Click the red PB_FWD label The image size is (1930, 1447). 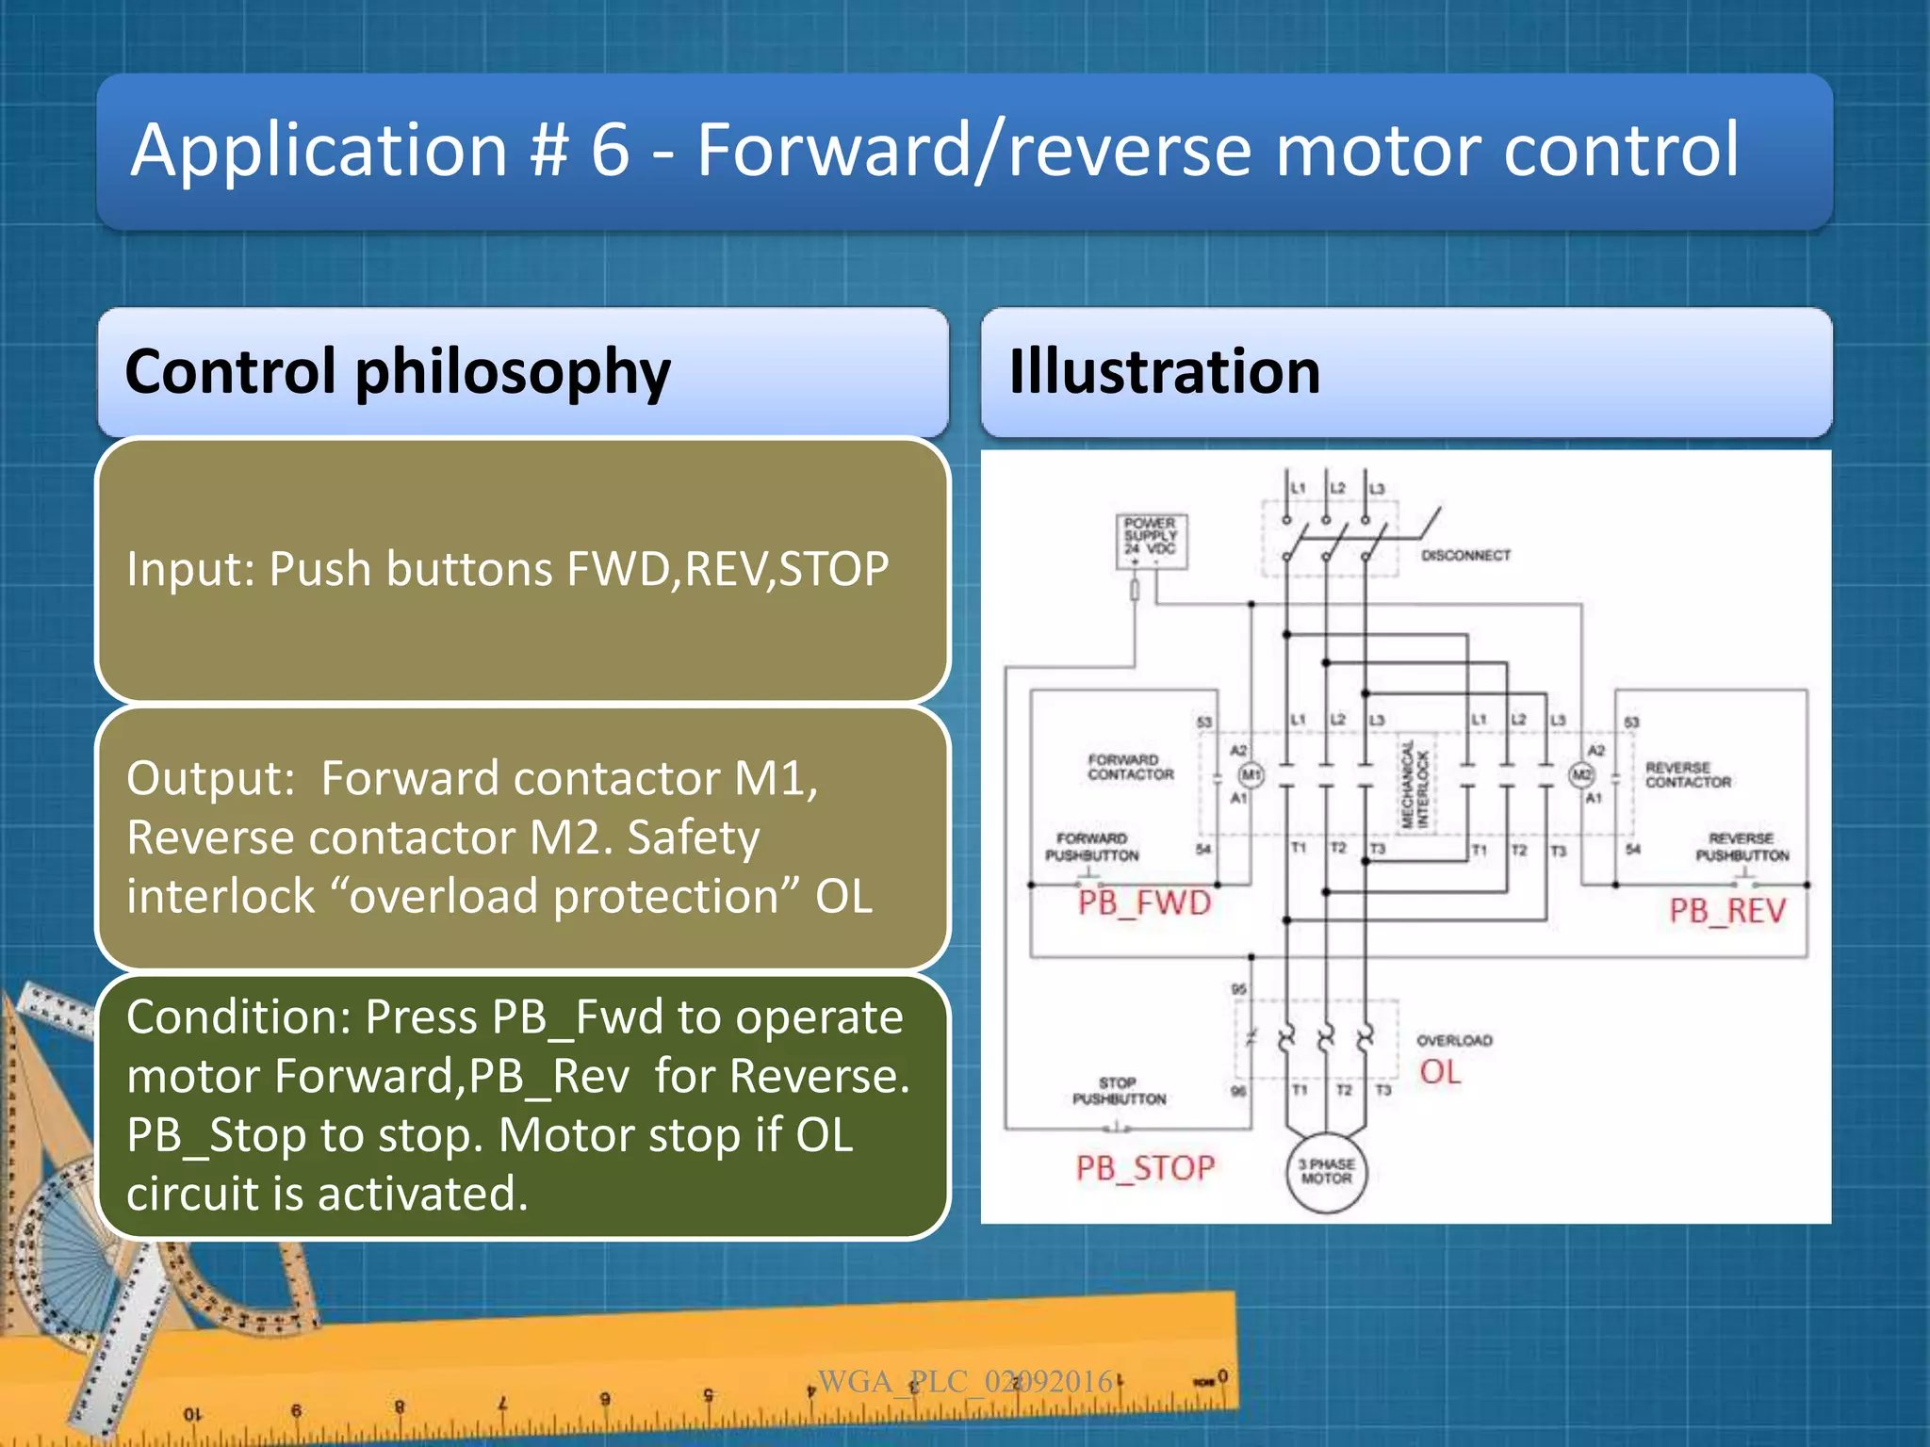point(1144,903)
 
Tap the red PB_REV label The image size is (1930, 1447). point(1727,911)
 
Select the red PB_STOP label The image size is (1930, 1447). point(1145,1168)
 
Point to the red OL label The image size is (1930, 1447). point(1440,1072)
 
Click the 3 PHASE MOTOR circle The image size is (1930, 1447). point(1326,1172)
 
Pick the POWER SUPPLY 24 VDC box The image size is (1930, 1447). point(1151,541)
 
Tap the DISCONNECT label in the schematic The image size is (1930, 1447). point(1465,556)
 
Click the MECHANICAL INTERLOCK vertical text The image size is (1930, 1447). point(1416,785)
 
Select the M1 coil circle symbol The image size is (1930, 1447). point(1251,774)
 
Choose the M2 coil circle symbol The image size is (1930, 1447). point(1580,774)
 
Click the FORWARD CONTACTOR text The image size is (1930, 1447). point(1130,767)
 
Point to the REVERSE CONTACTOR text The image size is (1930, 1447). point(1688,774)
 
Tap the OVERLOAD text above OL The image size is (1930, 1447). point(1454,1041)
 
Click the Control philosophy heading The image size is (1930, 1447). point(398,371)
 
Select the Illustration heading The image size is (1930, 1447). point(1165,371)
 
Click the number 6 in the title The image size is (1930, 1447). point(610,151)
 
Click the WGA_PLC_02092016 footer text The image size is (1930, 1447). point(965,1382)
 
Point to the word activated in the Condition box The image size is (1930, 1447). point(422,1194)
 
